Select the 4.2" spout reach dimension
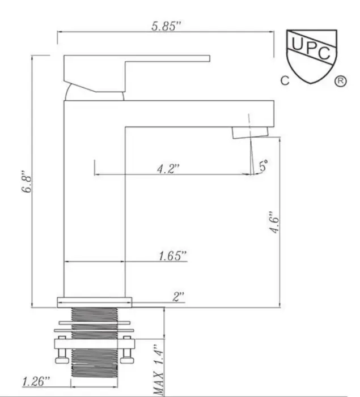pos(168,168)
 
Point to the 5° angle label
pos(263,166)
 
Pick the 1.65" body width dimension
pos(173,256)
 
